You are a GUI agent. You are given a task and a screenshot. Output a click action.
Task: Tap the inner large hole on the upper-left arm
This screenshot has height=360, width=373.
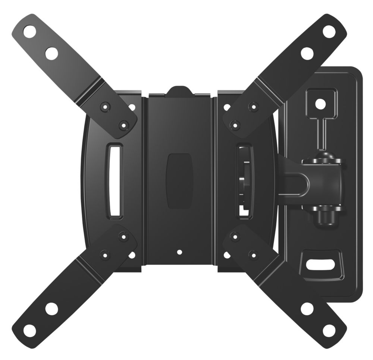pos(52,53)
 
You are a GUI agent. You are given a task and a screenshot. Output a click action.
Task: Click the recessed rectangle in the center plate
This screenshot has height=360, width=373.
pos(179,181)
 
